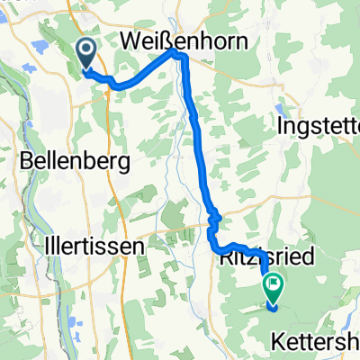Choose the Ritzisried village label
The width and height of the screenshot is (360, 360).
[278, 258]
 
